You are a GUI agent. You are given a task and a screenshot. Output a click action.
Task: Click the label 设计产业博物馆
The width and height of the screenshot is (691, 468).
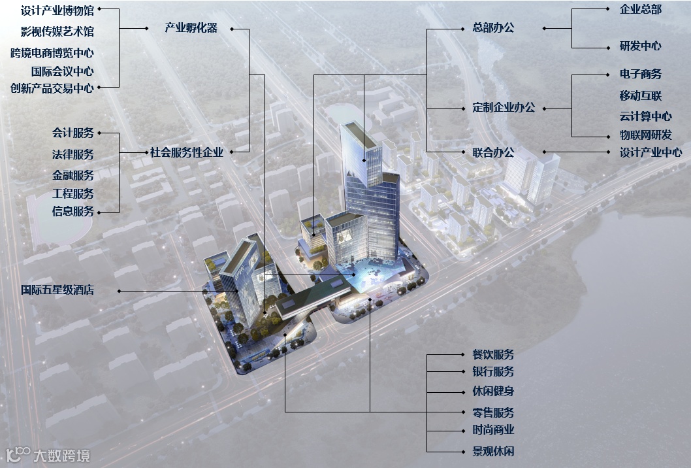(x=57, y=11)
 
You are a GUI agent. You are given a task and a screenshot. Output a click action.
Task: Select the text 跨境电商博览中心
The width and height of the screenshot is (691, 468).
(x=52, y=53)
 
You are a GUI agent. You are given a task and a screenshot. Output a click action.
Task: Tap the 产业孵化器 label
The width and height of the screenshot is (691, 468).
(x=191, y=28)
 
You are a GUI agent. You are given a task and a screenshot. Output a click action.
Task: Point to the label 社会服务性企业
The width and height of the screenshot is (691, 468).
(x=187, y=152)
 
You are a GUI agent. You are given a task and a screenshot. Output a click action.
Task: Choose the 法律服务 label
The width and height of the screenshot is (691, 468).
(x=73, y=154)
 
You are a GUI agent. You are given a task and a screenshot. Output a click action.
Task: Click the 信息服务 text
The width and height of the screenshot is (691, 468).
(x=73, y=211)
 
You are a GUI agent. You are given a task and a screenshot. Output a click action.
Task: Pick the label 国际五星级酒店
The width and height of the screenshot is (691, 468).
(x=57, y=289)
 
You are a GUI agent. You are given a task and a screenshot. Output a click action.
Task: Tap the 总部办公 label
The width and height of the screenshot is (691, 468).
(x=493, y=28)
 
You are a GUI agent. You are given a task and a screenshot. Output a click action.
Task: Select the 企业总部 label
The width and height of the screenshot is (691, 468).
(x=640, y=10)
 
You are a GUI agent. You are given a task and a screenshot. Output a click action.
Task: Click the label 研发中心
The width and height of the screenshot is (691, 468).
(x=640, y=46)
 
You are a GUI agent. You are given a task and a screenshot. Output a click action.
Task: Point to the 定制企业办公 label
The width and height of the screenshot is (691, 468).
(x=504, y=107)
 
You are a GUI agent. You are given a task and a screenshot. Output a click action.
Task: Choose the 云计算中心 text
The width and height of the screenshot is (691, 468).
(x=645, y=116)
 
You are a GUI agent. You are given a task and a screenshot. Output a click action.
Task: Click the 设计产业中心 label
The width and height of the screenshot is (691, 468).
(x=651, y=152)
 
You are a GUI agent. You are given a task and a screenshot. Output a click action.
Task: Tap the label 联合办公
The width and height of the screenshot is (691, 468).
(x=493, y=152)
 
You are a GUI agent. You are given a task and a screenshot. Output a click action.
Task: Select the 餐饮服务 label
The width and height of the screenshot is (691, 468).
(x=493, y=354)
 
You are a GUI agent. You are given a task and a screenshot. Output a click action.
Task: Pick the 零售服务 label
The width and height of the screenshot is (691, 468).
(x=493, y=412)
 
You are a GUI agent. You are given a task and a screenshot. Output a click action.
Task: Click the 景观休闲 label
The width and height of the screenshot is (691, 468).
(x=493, y=451)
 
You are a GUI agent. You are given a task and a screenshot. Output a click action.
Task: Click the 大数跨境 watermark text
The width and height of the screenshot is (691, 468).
(x=61, y=456)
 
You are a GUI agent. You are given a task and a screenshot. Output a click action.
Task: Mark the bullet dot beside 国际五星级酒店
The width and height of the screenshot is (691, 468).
(x=119, y=290)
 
